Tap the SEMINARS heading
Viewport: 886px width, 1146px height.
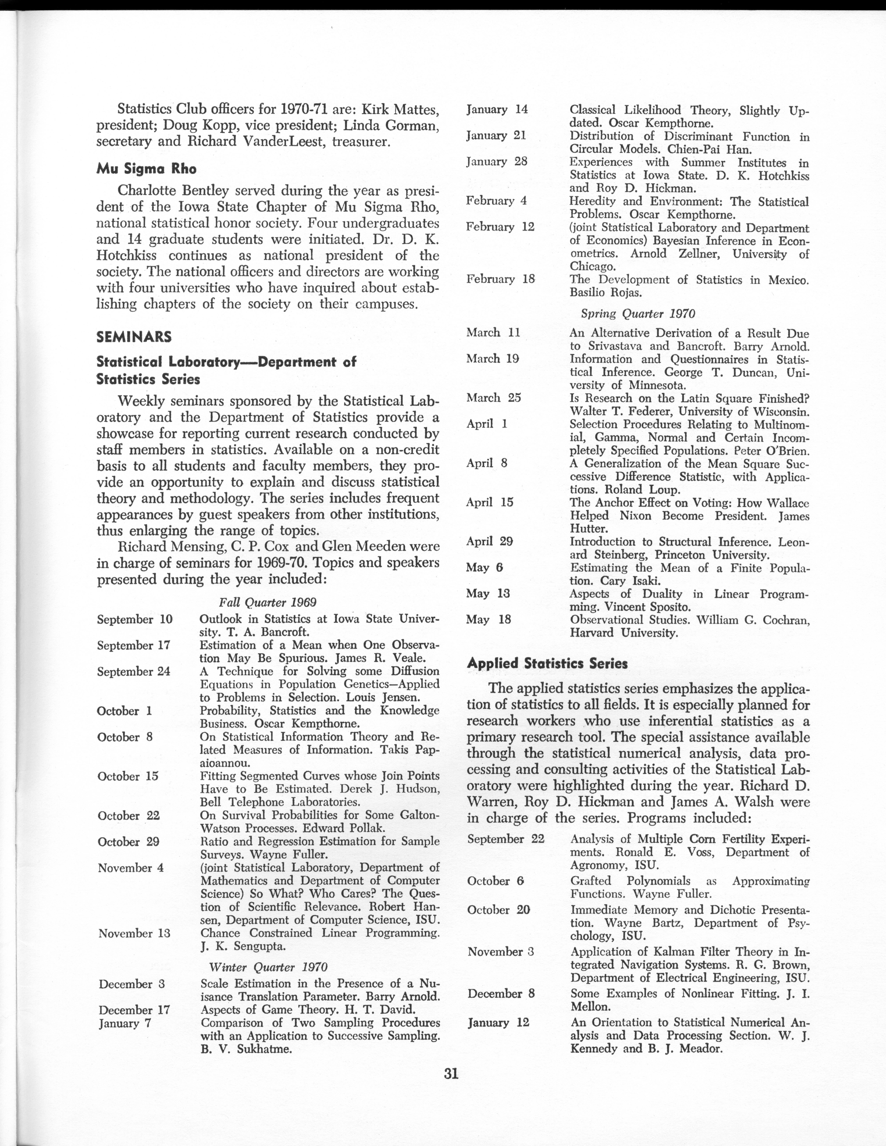pos(134,337)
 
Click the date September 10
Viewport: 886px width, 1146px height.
pos(134,619)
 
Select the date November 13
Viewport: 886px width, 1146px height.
pos(134,933)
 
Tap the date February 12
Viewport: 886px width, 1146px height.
pos(500,227)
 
